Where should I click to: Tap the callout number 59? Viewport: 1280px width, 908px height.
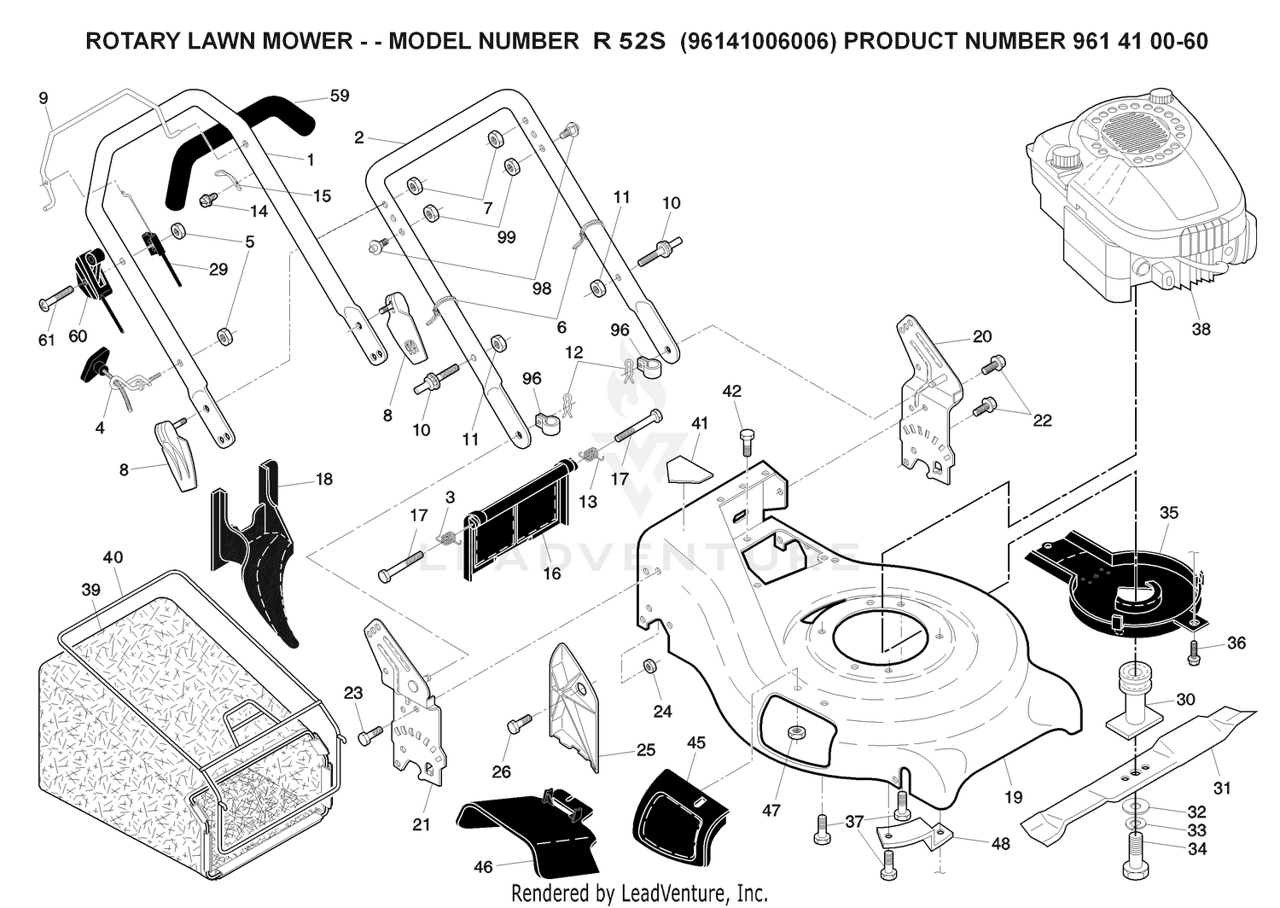click(340, 96)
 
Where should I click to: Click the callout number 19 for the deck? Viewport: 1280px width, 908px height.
click(1013, 797)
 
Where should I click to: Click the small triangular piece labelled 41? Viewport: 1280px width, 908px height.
click(689, 469)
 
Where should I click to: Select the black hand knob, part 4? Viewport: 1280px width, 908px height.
click(98, 364)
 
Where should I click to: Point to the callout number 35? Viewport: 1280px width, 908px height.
click(1168, 512)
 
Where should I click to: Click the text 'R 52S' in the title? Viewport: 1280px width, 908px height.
click(630, 41)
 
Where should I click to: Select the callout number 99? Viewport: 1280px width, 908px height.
click(506, 236)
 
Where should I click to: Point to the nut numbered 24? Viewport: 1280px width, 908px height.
click(650, 666)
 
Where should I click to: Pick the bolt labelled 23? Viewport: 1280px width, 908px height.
click(370, 736)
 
